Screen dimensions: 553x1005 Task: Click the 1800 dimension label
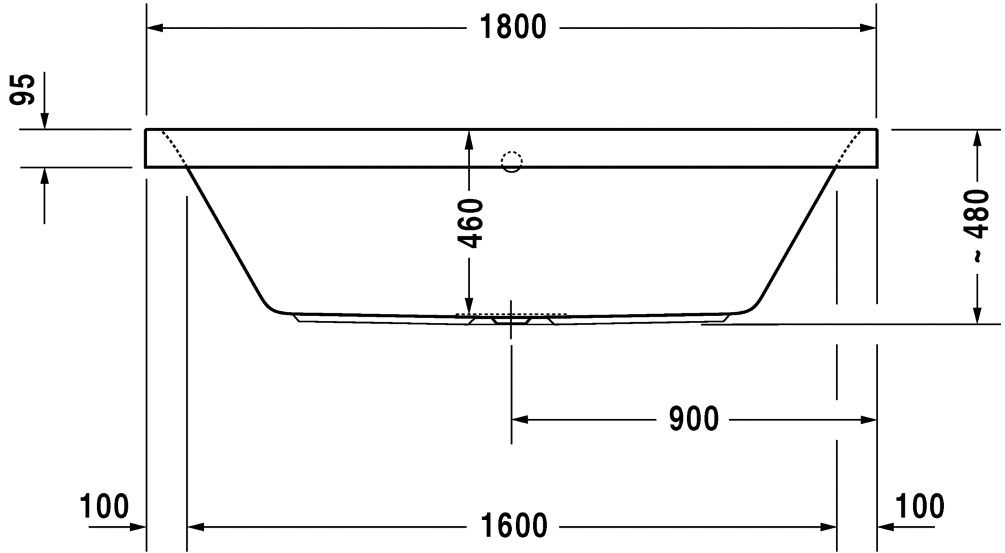tap(512, 27)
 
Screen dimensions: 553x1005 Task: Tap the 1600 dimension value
tap(513, 527)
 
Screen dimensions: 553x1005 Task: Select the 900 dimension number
tap(694, 419)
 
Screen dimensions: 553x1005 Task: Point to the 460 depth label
tap(471, 223)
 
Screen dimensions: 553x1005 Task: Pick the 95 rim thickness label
tap(23, 89)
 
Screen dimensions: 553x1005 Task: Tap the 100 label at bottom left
tap(104, 507)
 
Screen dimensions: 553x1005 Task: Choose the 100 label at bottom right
tap(920, 507)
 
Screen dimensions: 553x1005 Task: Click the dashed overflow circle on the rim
tap(512, 161)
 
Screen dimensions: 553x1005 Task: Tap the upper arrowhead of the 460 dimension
tap(469, 139)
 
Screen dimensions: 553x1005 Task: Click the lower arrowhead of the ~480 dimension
tap(977, 315)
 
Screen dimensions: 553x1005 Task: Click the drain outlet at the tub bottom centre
tap(511, 320)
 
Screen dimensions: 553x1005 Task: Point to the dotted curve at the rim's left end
tap(173, 147)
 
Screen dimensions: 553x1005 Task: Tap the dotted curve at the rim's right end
tap(849, 147)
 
